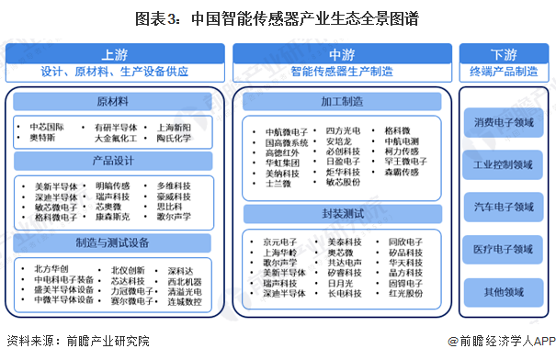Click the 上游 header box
(x=115, y=62)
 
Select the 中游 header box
(x=341, y=62)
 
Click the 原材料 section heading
(x=115, y=101)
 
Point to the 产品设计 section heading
(x=115, y=162)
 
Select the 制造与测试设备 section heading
(x=115, y=243)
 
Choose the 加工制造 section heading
(x=341, y=101)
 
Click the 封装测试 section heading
(x=341, y=215)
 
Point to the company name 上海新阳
(x=174, y=127)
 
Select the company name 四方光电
(x=342, y=130)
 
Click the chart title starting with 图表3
(x=278, y=17)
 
